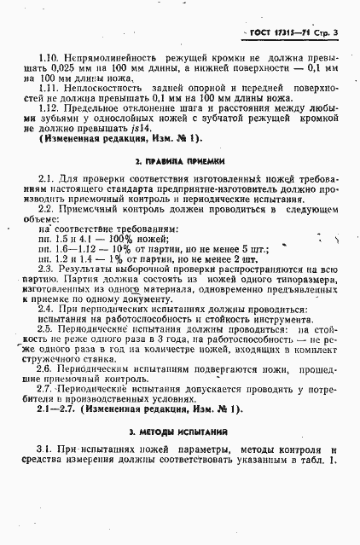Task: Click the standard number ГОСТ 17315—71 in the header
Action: tap(281, 33)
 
